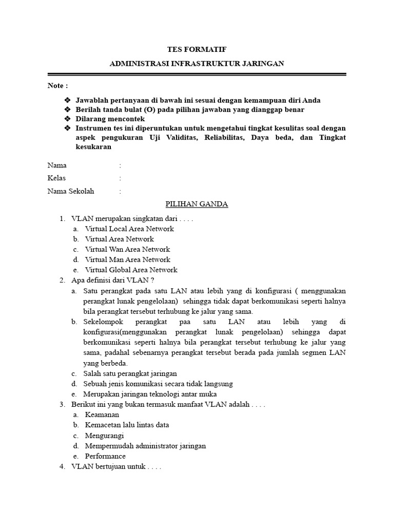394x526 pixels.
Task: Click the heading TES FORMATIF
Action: tap(197, 49)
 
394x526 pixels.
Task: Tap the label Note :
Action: tap(57, 85)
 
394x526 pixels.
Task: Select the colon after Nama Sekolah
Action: tap(120, 191)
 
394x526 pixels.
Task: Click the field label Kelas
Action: tap(56, 178)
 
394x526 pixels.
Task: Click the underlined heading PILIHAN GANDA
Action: tap(197, 204)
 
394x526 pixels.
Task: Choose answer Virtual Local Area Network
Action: tap(129, 229)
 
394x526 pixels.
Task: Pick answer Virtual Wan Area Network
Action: tap(127, 249)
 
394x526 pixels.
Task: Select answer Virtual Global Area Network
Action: tap(131, 270)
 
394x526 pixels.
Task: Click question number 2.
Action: tap(62, 280)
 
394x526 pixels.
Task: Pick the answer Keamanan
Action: tap(102, 415)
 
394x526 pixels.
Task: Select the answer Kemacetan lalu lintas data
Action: tap(127, 425)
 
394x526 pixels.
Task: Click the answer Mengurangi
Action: tap(105, 436)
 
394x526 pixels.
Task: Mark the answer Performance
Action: tap(105, 456)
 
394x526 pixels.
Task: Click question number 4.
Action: tap(62, 467)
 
